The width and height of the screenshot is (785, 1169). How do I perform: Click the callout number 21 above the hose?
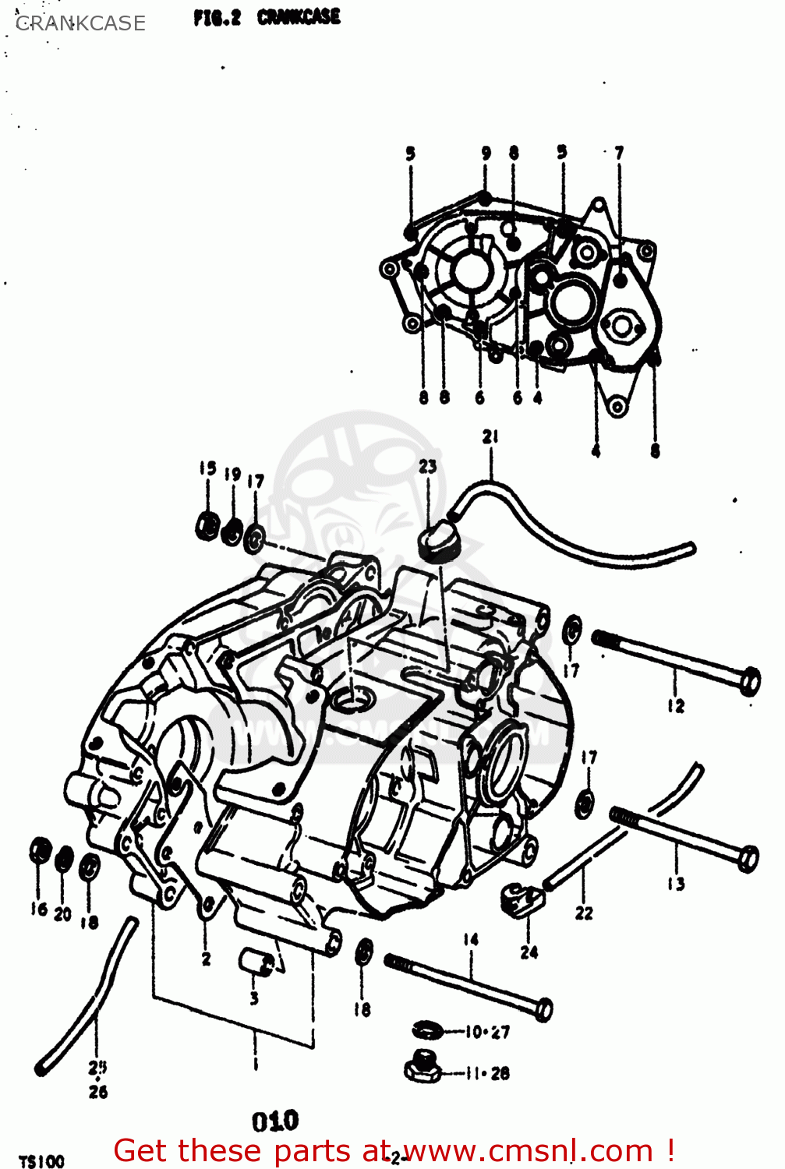[490, 436]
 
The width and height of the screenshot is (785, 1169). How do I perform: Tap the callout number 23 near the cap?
[428, 466]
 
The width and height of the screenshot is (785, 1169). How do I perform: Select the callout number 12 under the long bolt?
[676, 706]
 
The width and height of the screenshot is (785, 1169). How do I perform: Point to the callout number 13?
[676, 883]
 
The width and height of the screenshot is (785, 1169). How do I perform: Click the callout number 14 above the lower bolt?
[471, 940]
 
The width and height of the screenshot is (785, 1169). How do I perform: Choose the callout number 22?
[584, 913]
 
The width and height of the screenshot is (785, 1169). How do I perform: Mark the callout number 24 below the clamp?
[529, 952]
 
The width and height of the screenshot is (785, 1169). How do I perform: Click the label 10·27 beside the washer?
[487, 1032]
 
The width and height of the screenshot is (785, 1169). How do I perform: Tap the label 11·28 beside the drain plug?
[487, 1073]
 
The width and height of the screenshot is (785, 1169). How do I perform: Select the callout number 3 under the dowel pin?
[254, 998]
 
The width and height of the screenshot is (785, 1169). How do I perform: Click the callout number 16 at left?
[39, 909]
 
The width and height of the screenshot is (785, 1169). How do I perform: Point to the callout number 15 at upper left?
[207, 468]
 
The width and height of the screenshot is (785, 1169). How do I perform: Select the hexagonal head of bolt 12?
[748, 681]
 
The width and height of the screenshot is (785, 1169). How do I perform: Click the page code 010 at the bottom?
[275, 1121]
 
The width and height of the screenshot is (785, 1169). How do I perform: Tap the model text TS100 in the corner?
[41, 1162]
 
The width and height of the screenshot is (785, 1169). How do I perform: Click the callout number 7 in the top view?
[619, 154]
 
